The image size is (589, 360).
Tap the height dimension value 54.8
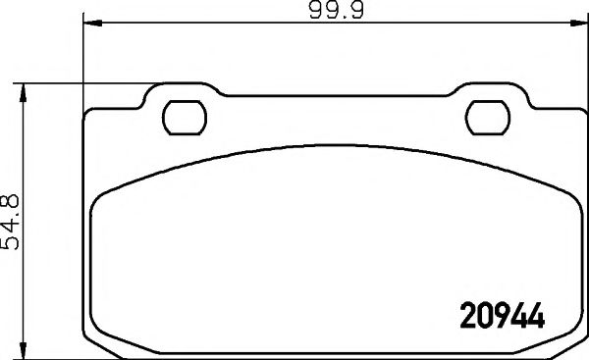[x=13, y=222]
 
